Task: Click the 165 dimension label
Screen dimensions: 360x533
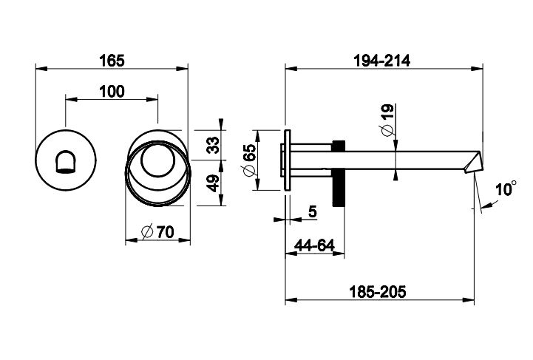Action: [x=112, y=58]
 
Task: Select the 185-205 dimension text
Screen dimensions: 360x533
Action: [x=380, y=291]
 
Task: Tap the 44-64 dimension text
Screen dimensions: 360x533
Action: [x=314, y=245]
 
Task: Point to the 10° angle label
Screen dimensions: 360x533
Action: [x=506, y=190]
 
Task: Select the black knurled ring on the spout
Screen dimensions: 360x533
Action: [x=340, y=174]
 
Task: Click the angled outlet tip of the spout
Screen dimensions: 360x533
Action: [x=472, y=160]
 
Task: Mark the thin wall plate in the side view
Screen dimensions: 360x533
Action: [x=287, y=160]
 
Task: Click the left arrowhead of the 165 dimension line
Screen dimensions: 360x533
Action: [x=40, y=69]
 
